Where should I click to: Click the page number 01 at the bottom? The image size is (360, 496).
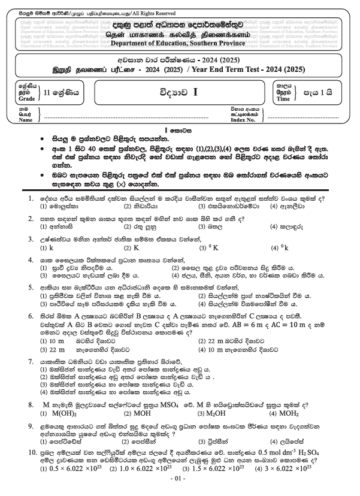(180, 481)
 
